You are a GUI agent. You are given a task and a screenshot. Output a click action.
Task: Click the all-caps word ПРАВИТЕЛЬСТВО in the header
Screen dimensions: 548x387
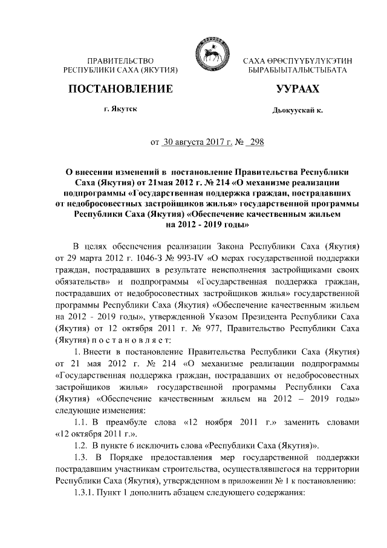[120, 61]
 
